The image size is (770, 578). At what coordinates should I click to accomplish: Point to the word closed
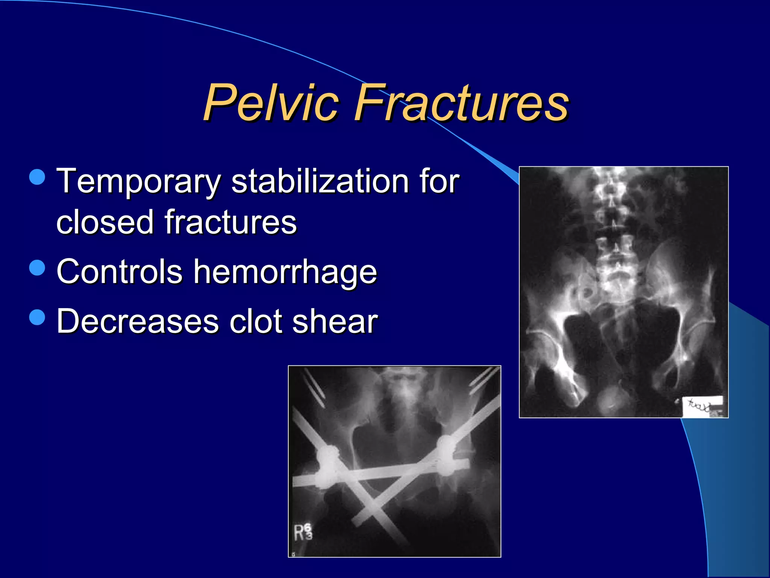[105, 222]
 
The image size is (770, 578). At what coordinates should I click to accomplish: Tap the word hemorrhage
[285, 272]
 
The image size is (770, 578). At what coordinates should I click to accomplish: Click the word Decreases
[138, 321]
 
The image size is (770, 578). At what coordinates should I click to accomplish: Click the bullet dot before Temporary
[37, 177]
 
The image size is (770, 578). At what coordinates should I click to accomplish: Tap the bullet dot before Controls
[37, 268]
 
